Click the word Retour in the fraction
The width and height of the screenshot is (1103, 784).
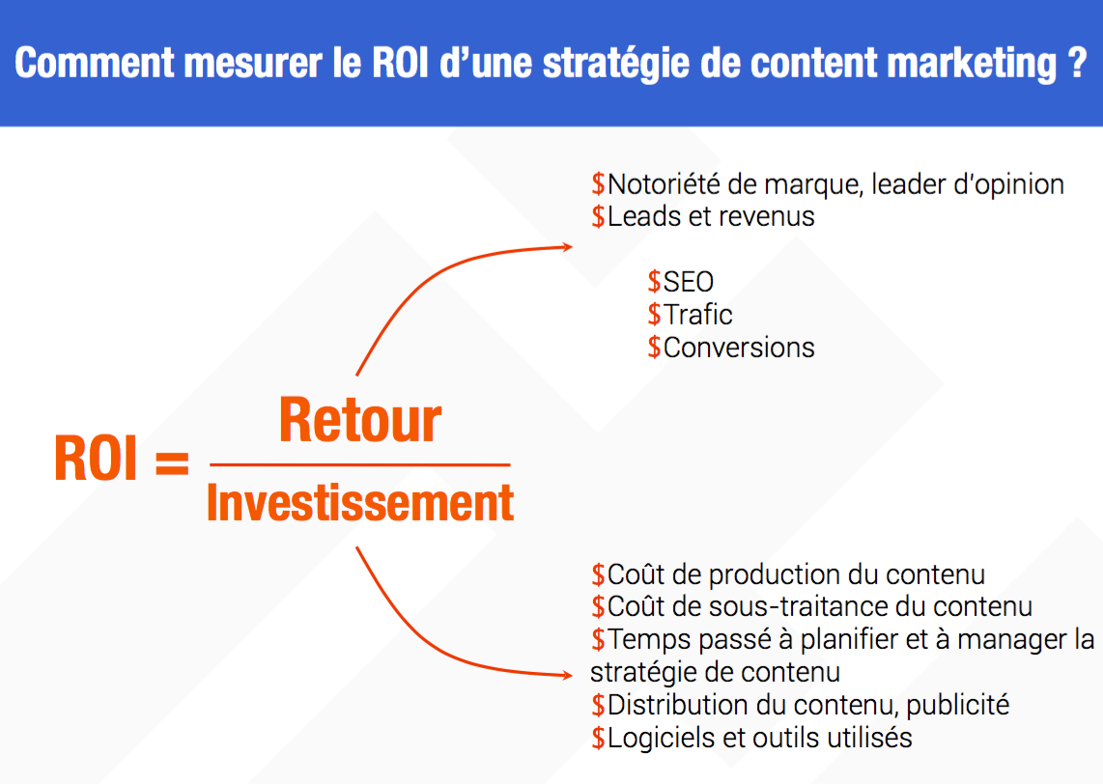click(360, 420)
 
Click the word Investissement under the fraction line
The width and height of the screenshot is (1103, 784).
click(360, 502)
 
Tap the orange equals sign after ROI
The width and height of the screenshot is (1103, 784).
click(172, 462)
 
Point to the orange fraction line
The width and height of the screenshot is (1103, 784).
click(360, 464)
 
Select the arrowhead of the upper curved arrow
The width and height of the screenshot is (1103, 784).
click(566, 246)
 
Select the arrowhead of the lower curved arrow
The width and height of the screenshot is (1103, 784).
click(566, 675)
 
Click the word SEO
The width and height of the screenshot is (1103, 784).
click(688, 282)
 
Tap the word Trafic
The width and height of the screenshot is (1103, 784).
click(697, 315)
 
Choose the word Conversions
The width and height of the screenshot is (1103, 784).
click(739, 348)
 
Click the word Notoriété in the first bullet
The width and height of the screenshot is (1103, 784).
click(665, 184)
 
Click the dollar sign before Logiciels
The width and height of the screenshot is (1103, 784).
click(598, 738)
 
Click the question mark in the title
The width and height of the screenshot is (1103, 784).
click(1076, 63)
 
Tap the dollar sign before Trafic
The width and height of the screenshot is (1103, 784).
click(654, 315)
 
